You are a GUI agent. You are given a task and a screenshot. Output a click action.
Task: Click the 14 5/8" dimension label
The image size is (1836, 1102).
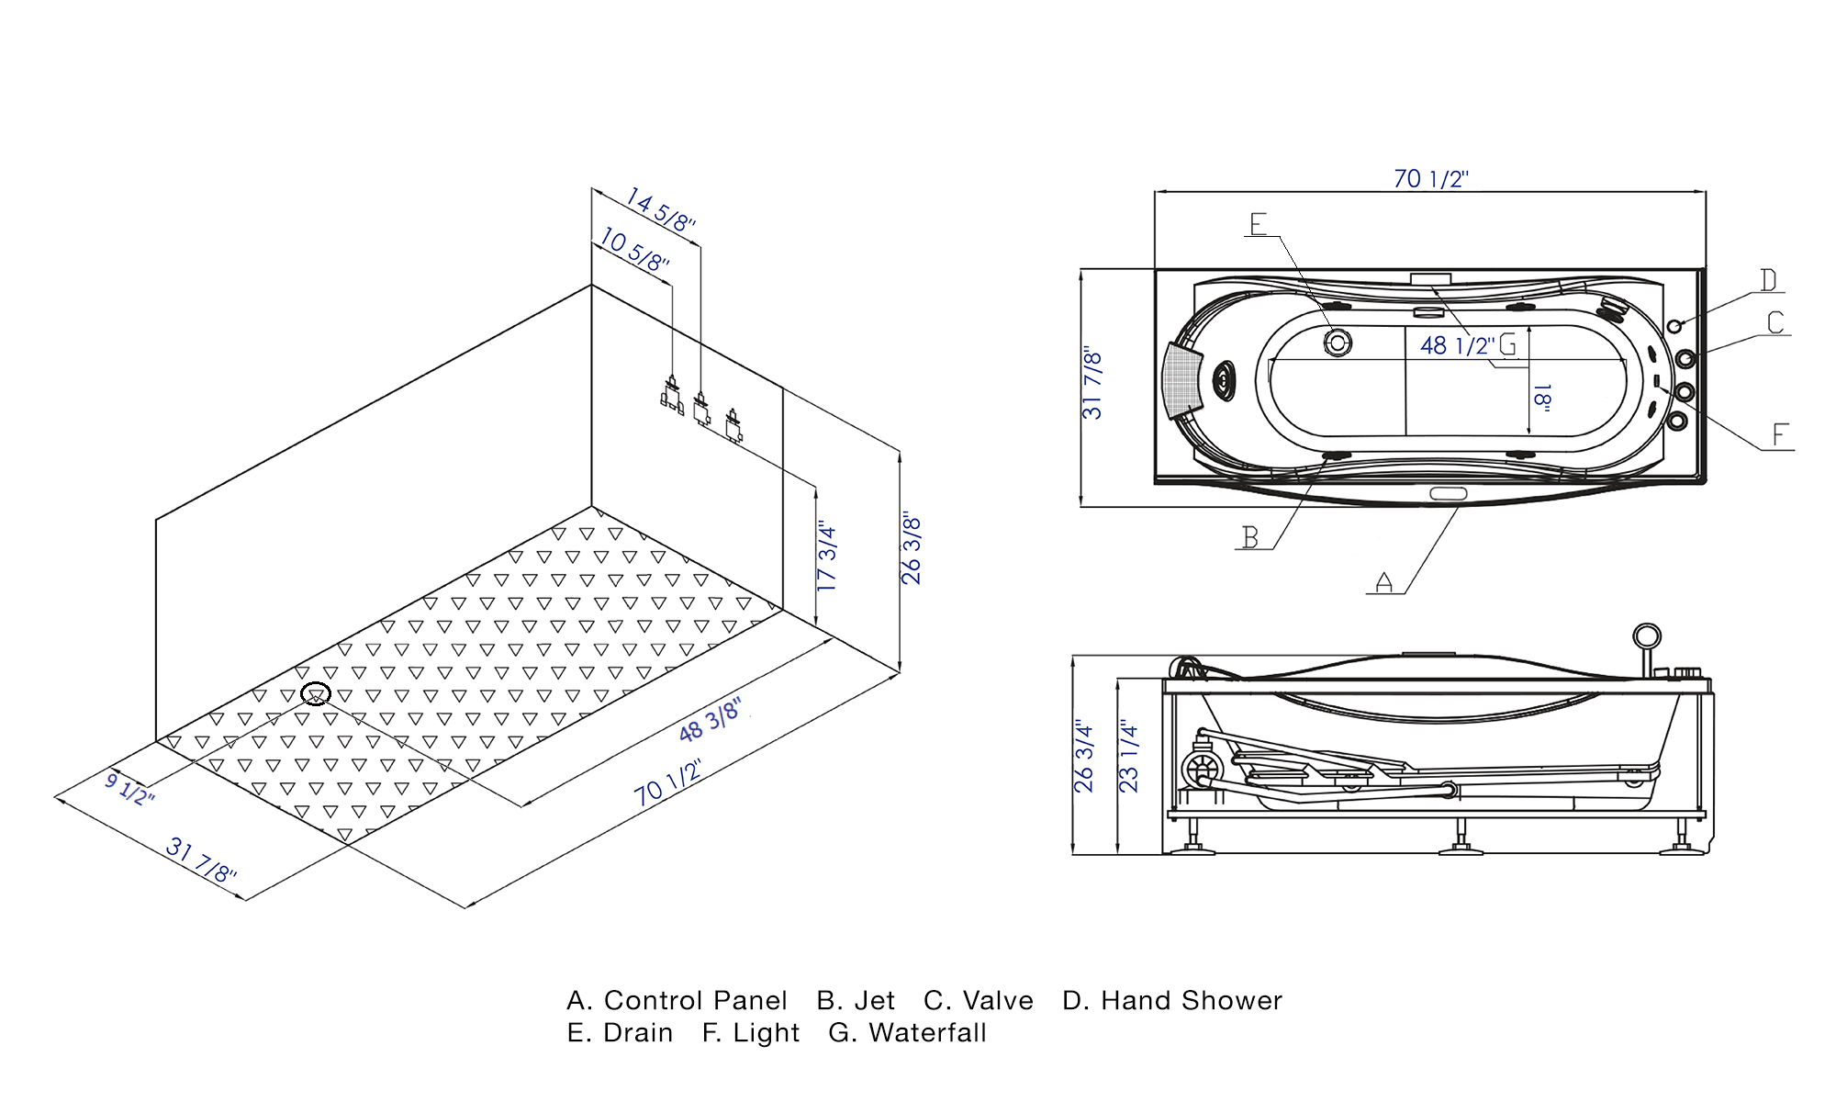[x=660, y=210]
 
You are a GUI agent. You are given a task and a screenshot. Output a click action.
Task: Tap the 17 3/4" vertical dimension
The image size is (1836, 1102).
[x=827, y=557]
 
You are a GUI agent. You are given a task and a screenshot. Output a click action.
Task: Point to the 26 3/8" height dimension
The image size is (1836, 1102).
[x=911, y=549]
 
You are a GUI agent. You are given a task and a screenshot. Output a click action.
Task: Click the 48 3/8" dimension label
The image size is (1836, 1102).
[x=710, y=721]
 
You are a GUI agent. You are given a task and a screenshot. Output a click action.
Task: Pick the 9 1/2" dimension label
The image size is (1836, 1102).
[x=129, y=789]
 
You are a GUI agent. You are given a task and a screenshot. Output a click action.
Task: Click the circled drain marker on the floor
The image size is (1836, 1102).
[x=316, y=694]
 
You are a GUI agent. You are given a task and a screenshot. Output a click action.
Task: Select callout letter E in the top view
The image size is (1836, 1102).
[x=1259, y=224]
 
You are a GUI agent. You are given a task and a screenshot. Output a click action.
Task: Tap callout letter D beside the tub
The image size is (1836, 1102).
[x=1768, y=280]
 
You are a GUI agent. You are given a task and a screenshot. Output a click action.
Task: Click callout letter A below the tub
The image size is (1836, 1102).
[x=1384, y=582]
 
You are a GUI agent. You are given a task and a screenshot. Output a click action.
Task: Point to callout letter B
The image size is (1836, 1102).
[x=1250, y=537]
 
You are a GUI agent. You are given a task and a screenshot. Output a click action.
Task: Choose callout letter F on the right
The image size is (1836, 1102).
[x=1780, y=435]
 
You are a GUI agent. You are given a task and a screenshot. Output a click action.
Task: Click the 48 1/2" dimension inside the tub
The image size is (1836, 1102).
[x=1457, y=346]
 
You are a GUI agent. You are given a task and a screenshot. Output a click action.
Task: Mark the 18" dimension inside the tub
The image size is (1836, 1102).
[x=1542, y=397]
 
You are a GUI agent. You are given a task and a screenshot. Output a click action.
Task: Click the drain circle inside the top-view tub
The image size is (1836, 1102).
[x=1338, y=343]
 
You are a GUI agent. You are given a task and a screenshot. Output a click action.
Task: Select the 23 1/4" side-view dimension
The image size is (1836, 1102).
[x=1128, y=757]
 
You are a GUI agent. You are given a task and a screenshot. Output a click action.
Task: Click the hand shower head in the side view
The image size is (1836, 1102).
[x=1647, y=635]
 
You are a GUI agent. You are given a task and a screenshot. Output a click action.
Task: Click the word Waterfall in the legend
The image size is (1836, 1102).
[x=927, y=1033]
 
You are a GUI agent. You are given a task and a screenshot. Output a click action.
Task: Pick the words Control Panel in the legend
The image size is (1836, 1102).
[x=695, y=1001]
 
